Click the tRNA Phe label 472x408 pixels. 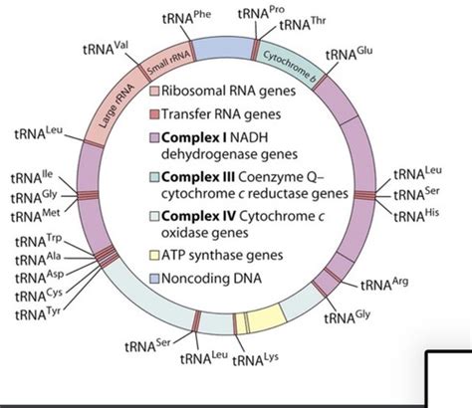(x=186, y=17)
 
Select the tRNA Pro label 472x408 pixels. (x=261, y=13)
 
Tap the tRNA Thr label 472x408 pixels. (x=303, y=24)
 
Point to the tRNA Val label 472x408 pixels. (x=106, y=49)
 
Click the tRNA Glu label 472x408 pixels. (x=349, y=54)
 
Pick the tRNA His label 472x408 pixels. (x=416, y=216)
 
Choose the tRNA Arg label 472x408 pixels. (x=384, y=284)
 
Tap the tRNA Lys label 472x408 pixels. (x=255, y=359)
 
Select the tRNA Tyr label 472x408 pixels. (x=38, y=313)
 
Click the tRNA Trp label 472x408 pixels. (x=39, y=241)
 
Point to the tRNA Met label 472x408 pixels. (x=35, y=216)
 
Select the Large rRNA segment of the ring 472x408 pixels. (x=115, y=106)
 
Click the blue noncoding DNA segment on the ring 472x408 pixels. (x=225, y=49)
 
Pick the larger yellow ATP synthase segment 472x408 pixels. (x=266, y=318)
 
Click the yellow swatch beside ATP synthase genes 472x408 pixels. (x=154, y=256)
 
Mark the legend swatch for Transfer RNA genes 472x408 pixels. (x=154, y=114)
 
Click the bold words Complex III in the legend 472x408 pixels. (x=198, y=177)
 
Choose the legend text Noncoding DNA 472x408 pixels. (x=211, y=278)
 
